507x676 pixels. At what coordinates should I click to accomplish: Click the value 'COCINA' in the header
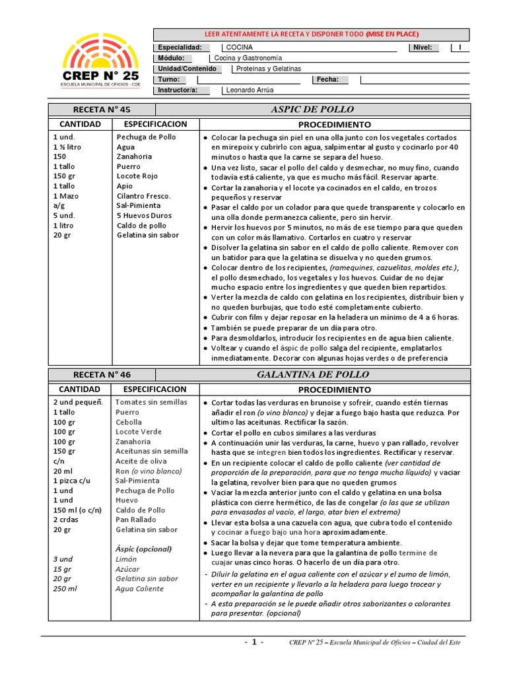pos(239,48)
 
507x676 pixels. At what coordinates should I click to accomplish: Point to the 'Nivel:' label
pos(422,48)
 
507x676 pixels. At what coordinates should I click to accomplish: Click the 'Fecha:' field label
pos(327,80)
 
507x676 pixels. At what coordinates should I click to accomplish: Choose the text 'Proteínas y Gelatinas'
pos(268,69)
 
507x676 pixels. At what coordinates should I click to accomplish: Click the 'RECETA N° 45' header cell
pos(102,110)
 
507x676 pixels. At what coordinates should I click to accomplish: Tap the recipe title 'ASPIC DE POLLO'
pos(312,110)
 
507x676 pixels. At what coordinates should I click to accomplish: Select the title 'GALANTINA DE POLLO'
pos(312,375)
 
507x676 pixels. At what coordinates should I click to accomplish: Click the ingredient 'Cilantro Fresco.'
pos(143,196)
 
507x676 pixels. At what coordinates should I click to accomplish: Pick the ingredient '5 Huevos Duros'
pos(144,215)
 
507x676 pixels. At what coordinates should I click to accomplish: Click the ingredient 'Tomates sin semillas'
pos(151,402)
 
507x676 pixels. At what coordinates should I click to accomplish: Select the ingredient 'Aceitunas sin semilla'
pos(152,451)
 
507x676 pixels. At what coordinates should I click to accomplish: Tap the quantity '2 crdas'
pos(67,520)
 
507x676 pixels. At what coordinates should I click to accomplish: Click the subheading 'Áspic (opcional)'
pos(143,549)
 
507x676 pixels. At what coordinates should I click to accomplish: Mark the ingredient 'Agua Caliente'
pos(139,589)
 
